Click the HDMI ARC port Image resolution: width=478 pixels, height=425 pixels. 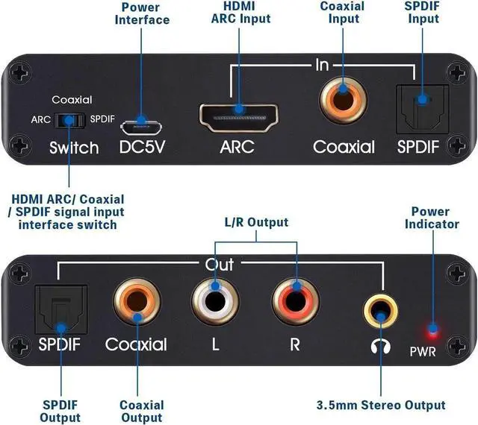pos(239,118)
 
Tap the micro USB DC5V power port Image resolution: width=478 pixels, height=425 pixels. pos(141,127)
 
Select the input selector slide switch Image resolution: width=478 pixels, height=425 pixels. pos(69,121)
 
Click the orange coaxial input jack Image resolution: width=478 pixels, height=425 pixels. pos(343,100)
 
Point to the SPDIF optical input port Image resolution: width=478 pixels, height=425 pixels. pos(423,110)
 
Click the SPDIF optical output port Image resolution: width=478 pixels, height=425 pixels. pos(61,309)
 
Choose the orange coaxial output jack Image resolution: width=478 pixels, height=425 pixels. pos(137,302)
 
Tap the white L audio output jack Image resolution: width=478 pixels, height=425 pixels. pos(215,302)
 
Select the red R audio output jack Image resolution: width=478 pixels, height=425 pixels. pos(296,302)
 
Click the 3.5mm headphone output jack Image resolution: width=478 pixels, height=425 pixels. pos(380,311)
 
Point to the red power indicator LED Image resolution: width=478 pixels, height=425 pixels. pos(433,330)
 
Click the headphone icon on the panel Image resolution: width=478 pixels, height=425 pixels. pos(381,347)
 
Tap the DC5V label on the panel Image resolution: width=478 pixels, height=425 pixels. pos(142,147)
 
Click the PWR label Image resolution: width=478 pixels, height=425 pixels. pos(423,352)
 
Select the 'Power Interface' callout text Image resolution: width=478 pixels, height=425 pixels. pos(142,13)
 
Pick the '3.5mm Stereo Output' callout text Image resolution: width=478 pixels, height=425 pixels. pos(381,405)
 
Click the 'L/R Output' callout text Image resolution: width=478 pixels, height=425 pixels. pos(256,222)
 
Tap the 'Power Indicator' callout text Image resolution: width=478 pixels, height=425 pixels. pos(432,218)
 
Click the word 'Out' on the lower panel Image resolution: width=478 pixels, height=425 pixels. pos(220,264)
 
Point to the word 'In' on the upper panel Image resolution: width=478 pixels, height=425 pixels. pos(322,65)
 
